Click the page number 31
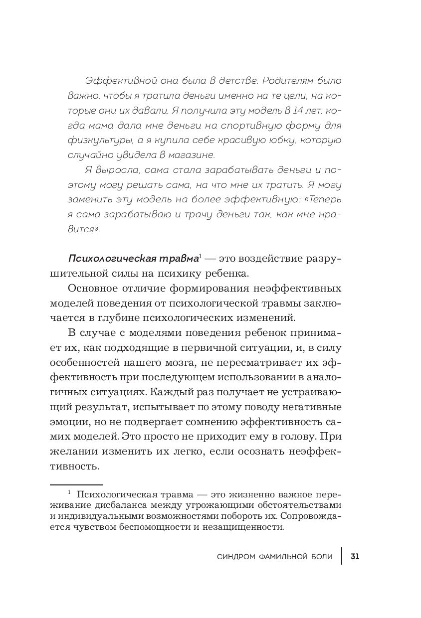[x=355, y=557]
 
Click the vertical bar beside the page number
[x=342, y=556]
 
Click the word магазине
[x=191, y=155]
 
